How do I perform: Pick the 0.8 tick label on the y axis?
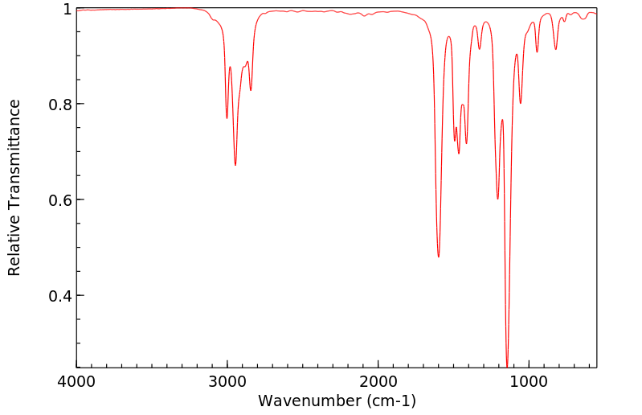coord(61,105)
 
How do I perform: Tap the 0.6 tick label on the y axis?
coord(61,200)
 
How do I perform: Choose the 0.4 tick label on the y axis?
coord(61,296)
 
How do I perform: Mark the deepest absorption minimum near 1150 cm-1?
coord(507,365)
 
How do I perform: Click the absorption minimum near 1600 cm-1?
coord(439,257)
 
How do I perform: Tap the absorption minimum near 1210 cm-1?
coord(497,199)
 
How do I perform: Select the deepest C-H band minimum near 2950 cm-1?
coord(235,165)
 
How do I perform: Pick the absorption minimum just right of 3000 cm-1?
coord(227,118)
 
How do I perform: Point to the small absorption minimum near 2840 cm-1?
coord(251,90)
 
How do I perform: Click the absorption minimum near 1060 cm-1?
coord(521,103)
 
